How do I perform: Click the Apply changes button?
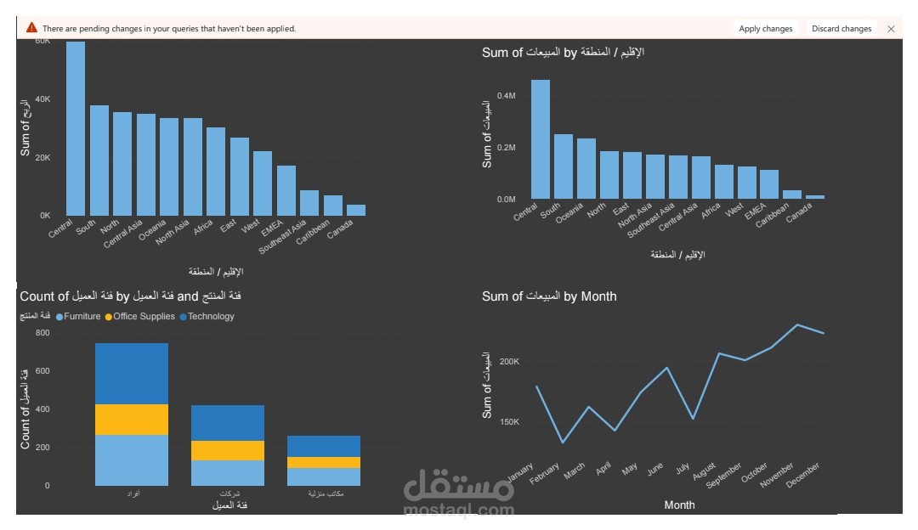click(765, 29)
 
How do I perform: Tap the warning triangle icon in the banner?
click(31, 28)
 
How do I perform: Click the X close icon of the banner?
click(891, 29)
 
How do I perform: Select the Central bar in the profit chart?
click(76, 127)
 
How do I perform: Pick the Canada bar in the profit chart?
click(356, 210)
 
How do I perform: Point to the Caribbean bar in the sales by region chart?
click(792, 195)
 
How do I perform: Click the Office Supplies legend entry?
click(141, 317)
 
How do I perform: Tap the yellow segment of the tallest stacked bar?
click(132, 420)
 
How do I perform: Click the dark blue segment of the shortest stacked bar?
click(323, 447)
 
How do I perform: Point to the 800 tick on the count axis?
click(42, 333)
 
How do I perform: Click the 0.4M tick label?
click(507, 96)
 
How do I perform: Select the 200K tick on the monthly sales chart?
click(508, 362)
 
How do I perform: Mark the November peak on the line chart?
click(796, 324)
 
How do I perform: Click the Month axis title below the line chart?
click(679, 505)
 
